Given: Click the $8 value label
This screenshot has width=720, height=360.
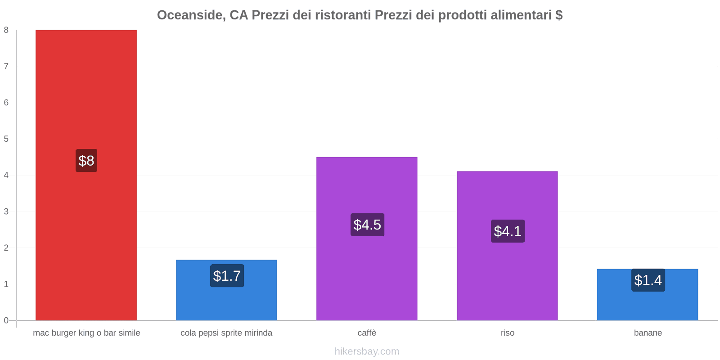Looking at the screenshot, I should [86, 161].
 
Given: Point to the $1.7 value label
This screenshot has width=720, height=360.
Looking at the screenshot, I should [227, 276].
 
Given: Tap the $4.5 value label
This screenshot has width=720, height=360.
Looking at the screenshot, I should [367, 225].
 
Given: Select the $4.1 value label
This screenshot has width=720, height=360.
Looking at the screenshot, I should [508, 231].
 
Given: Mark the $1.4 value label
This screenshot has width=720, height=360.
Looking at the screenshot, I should [648, 280].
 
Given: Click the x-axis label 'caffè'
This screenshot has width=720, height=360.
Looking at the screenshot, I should [367, 333].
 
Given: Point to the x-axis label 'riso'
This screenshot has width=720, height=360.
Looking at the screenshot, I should [507, 333].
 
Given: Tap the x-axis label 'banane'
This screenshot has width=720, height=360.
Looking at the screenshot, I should [648, 333].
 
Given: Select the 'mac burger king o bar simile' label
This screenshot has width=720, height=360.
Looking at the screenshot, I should [86, 333].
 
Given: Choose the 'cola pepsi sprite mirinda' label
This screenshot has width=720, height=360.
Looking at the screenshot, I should [226, 333].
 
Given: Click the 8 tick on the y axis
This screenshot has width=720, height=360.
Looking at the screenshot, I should [6, 30].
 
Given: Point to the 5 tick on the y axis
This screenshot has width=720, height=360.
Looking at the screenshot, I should [6, 139].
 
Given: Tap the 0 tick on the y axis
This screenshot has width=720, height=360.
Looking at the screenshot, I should [6, 320].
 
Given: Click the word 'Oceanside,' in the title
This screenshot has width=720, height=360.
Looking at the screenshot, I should [191, 15].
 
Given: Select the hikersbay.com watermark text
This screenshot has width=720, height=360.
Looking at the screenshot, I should [367, 351].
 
